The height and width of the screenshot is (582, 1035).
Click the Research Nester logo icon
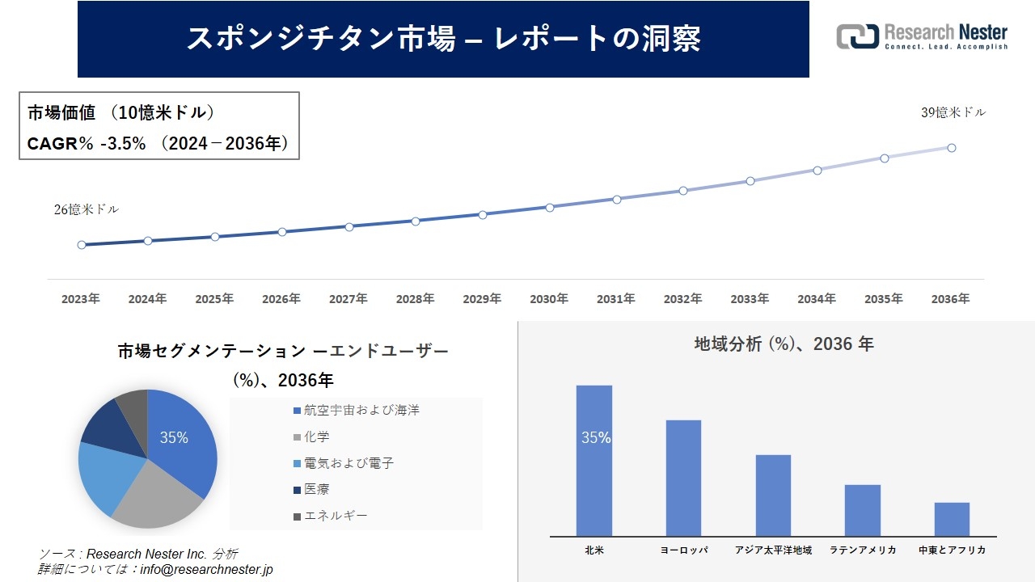[857, 36]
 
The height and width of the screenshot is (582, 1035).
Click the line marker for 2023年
[82, 245]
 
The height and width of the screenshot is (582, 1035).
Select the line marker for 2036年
[952, 148]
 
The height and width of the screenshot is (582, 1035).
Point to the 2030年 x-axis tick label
[549, 299]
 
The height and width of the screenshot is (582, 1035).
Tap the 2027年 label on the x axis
[348, 299]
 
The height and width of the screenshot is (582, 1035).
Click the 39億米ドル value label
[953, 113]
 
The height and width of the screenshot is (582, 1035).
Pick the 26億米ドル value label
[87, 209]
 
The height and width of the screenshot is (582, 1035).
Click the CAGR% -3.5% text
[87, 144]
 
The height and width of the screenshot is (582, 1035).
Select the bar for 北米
[594, 460]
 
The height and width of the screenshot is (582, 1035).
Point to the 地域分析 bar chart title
[784, 344]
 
